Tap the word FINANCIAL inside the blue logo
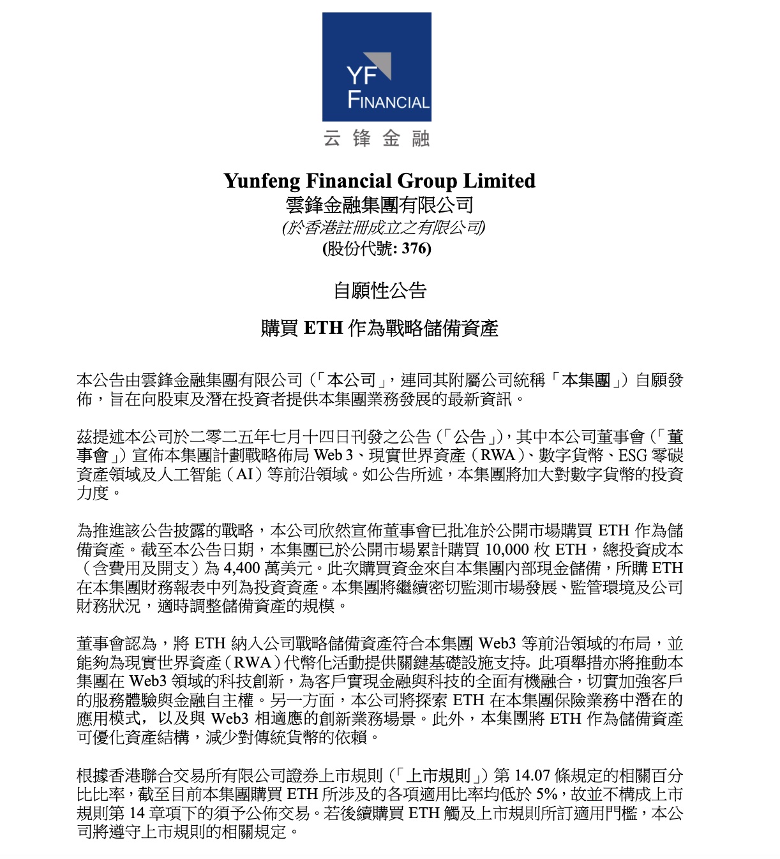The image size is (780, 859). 388,101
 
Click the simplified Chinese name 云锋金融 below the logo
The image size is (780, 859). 377,138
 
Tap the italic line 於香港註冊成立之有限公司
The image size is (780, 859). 384,227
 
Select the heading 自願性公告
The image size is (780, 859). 380,291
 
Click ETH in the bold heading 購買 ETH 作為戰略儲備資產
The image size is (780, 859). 324,328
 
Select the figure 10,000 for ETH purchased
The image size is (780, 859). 507,549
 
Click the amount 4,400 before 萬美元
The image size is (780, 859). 242,568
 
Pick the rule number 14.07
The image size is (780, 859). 532,775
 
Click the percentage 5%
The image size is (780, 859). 546,794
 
